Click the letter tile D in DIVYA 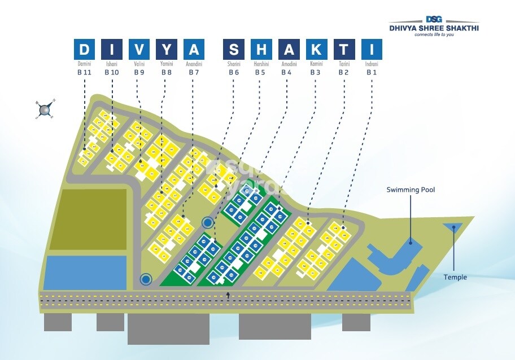pos(84,50)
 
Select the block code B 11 pos(84,72)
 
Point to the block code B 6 pos(234,72)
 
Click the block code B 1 pos(372,72)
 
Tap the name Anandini pos(194,64)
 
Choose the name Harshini pos(261,64)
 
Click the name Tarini pos(344,64)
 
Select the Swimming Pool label pos(411,190)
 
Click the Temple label pos(455,277)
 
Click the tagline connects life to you pos(434,34)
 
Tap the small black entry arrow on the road pos(228,295)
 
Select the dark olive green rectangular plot pos(93,218)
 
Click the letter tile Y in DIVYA pos(167,50)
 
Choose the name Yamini pos(167,64)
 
